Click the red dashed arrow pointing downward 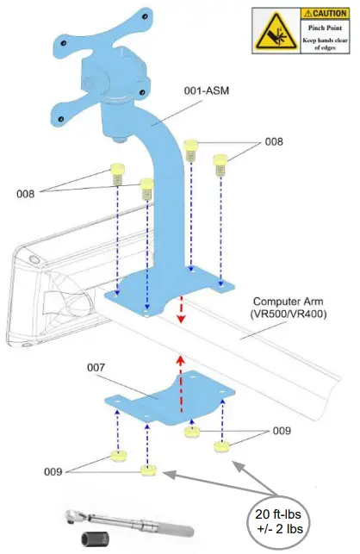(x=181, y=309)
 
